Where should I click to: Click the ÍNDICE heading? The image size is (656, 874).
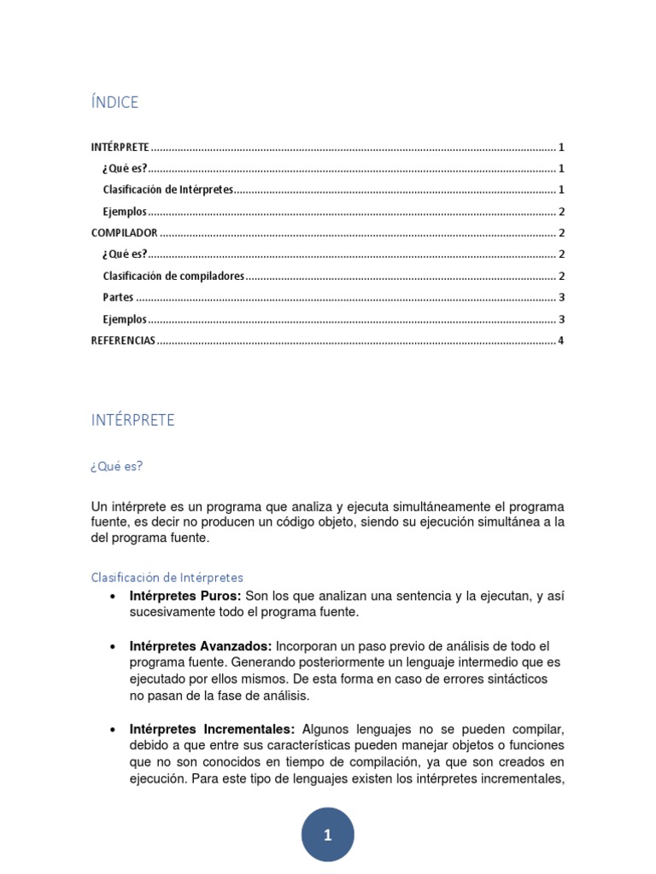click(114, 102)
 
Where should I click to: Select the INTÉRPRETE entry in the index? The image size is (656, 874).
click(120, 147)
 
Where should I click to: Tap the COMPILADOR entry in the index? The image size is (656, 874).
click(124, 233)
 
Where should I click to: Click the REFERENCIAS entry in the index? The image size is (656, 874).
click(123, 341)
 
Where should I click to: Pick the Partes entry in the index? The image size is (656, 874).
click(118, 298)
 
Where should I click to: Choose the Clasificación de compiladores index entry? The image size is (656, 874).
click(173, 276)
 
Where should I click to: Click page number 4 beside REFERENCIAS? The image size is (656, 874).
click(560, 341)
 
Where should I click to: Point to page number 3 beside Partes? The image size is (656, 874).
click(560, 298)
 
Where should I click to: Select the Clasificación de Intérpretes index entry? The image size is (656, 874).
click(167, 189)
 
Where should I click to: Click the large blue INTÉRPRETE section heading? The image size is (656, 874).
click(133, 420)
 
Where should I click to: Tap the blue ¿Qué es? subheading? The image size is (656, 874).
click(117, 466)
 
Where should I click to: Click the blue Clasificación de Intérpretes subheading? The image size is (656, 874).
click(167, 578)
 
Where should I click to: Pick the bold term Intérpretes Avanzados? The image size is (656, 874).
click(201, 646)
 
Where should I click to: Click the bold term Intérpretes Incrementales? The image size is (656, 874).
click(212, 729)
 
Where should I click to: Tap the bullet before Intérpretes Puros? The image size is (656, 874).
click(113, 597)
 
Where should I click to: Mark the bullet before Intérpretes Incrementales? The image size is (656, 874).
click(113, 730)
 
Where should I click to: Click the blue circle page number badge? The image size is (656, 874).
click(327, 835)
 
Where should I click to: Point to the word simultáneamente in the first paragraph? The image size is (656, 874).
click(416, 506)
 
